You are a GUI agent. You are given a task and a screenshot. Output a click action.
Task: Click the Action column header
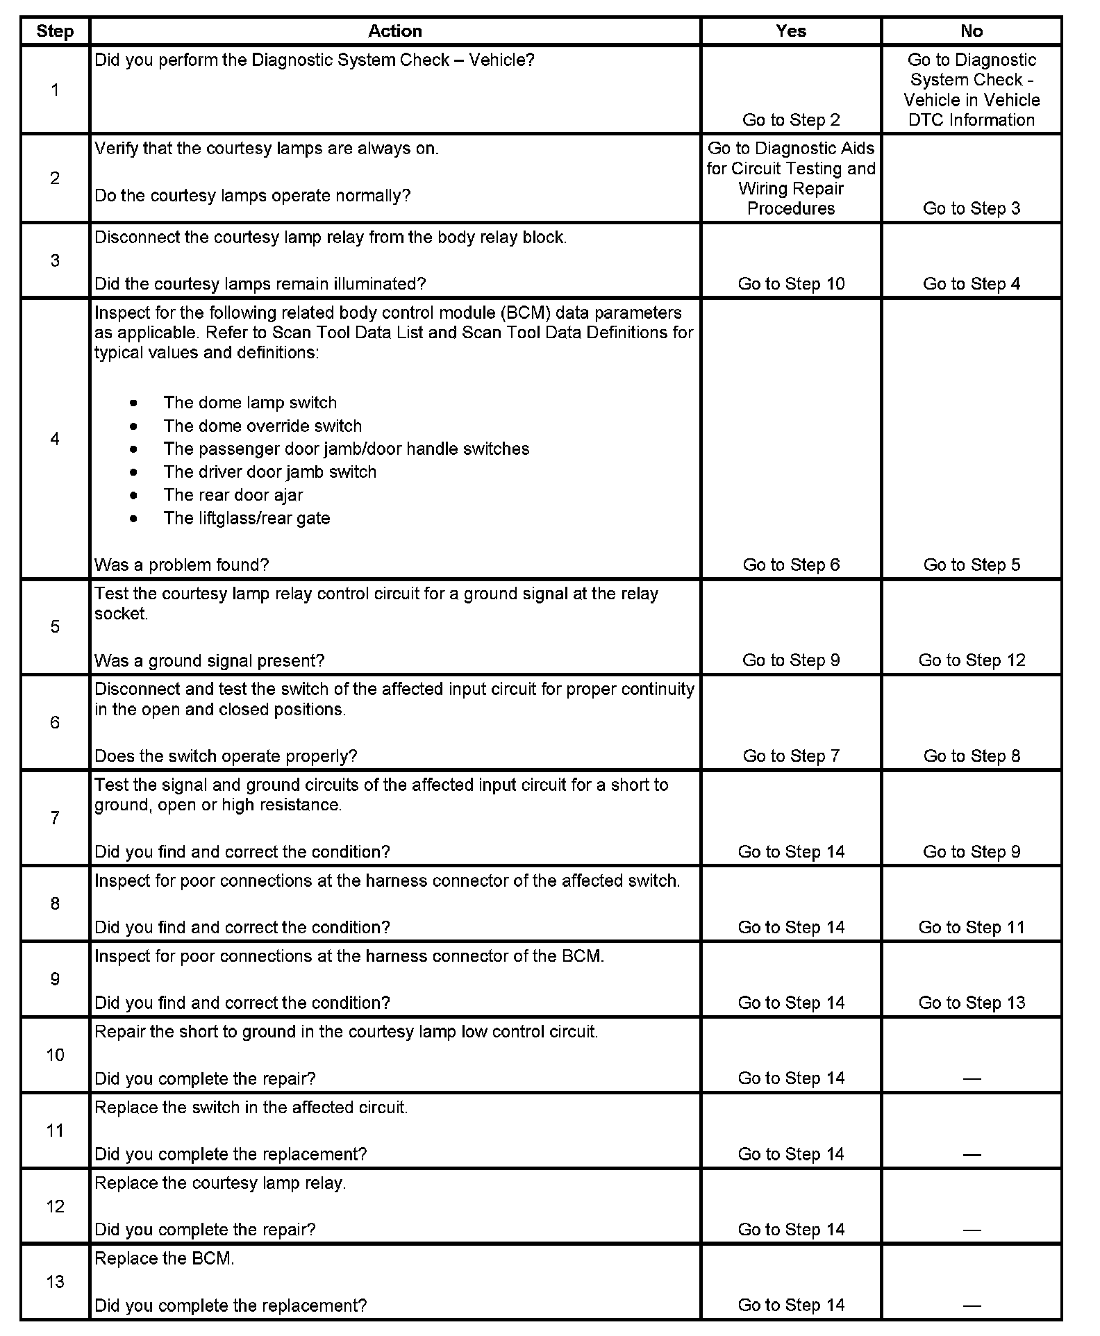(394, 31)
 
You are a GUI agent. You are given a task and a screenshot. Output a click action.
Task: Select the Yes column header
(791, 31)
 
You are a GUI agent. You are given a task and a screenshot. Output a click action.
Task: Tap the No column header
(972, 31)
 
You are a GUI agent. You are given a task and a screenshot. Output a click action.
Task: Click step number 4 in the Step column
(55, 439)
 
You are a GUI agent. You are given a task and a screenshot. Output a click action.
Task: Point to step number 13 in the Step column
(55, 1281)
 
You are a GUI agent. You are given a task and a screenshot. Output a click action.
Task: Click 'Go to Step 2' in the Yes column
(791, 120)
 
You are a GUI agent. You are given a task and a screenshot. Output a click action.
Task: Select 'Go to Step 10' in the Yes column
(791, 284)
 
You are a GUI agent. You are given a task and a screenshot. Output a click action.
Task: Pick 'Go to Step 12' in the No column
(972, 660)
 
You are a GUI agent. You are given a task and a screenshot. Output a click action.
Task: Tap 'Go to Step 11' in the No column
(972, 928)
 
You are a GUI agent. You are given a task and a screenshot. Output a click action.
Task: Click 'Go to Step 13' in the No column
(972, 1003)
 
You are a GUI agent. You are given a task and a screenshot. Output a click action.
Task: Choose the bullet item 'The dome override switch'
(262, 426)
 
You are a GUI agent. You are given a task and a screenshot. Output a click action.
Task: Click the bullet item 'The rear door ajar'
(233, 495)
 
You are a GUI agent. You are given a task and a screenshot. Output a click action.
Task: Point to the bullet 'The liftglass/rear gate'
(247, 519)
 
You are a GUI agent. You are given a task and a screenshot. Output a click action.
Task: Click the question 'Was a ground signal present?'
(209, 660)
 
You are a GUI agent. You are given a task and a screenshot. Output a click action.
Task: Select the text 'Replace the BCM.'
(165, 1258)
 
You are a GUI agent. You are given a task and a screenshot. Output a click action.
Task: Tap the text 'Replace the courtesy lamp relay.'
(220, 1183)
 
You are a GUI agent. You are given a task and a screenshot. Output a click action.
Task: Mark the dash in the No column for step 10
(972, 1079)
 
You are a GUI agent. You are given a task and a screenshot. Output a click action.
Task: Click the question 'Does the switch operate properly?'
(226, 756)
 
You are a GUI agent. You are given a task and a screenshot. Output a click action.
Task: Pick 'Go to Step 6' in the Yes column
(791, 565)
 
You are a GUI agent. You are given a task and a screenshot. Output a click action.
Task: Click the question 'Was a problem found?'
(181, 565)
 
